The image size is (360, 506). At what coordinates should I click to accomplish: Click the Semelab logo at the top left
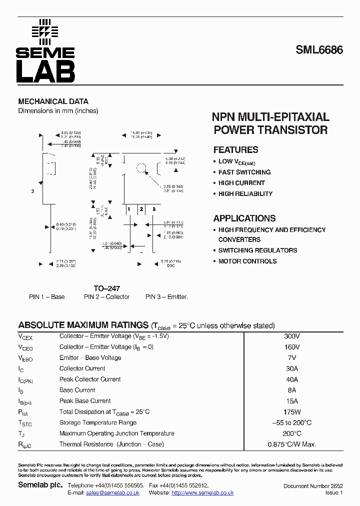[45, 50]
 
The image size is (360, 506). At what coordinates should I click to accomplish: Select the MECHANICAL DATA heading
[53, 101]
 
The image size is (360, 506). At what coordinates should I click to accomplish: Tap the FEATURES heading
[235, 150]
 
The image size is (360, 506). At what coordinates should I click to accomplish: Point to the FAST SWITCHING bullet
[244, 172]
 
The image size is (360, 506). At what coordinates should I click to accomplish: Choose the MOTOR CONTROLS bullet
[247, 261]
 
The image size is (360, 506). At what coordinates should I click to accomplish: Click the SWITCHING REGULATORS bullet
[257, 250]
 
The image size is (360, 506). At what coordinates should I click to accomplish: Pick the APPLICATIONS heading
[244, 218]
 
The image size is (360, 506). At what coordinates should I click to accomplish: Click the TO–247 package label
[106, 288]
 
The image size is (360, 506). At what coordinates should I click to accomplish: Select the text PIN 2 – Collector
[106, 297]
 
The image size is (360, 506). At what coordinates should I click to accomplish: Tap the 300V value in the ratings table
[291, 336]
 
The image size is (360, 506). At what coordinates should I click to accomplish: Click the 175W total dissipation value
[291, 412]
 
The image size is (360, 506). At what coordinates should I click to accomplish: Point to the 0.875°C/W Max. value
[292, 444]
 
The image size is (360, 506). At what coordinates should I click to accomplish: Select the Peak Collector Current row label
[90, 379]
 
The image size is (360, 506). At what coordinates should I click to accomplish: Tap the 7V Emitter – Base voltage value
[292, 358]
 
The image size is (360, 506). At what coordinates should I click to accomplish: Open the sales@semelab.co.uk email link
[112, 493]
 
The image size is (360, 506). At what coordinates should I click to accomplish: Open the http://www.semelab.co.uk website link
[202, 493]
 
